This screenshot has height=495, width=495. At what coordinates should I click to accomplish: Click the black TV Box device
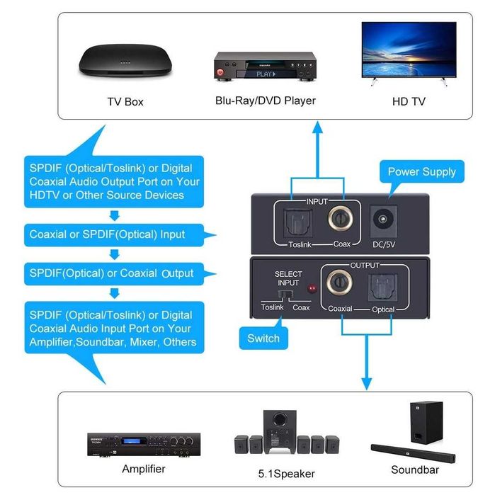coord(124,61)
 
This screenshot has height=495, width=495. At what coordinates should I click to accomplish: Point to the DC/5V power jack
coord(384,220)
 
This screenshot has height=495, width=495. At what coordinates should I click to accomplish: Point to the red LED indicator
coord(310,289)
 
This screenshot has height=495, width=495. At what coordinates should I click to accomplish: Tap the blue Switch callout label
coord(263,338)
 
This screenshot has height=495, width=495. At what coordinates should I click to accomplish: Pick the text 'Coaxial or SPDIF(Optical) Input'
coord(107,234)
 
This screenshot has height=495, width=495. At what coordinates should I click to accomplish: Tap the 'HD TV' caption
coord(409,101)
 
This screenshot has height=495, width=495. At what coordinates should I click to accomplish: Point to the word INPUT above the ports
coord(317,201)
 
